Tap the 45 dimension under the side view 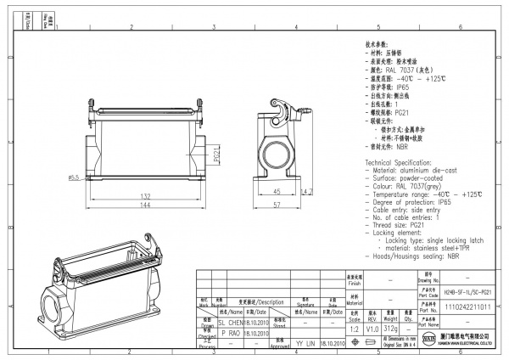[277, 192]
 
